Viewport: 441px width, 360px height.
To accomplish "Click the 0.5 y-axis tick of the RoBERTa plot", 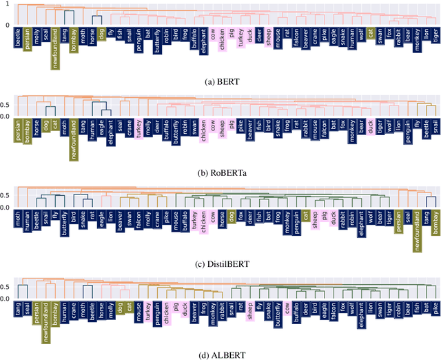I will (x=6, y=105).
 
